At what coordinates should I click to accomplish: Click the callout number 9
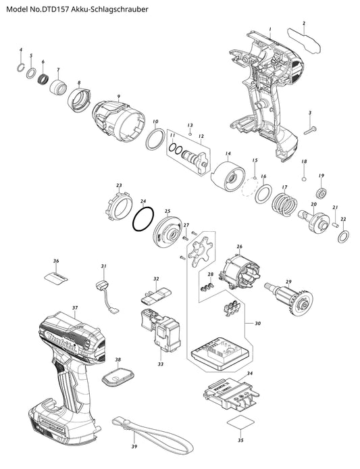pyautogui.click(x=119, y=97)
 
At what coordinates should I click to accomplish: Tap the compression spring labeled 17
pyautogui.click(x=284, y=205)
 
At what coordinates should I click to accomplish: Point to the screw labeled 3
pyautogui.click(x=311, y=130)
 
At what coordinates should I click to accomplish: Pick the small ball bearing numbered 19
pyautogui.click(x=322, y=192)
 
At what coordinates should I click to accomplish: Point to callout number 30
pyautogui.click(x=257, y=323)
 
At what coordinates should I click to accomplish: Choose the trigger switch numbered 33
pyautogui.click(x=160, y=334)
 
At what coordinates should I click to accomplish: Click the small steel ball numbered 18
pyautogui.click(x=305, y=179)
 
